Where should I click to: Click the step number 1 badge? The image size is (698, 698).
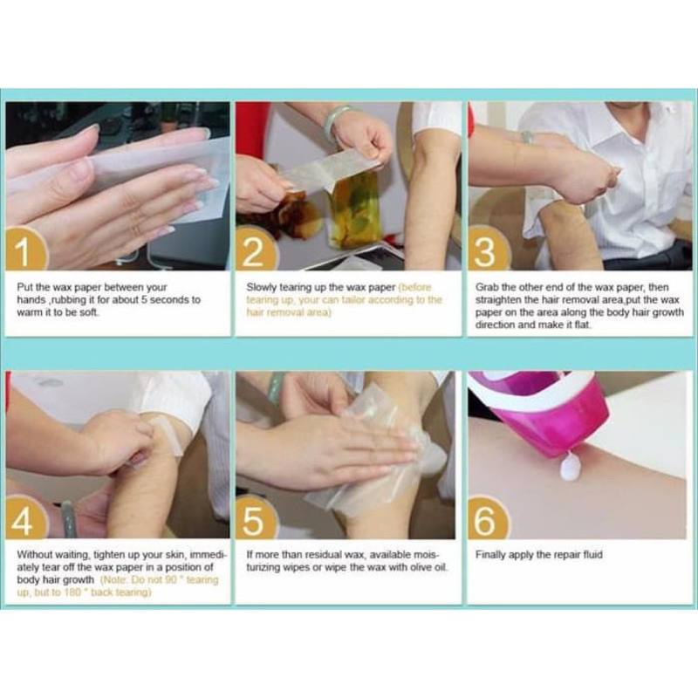(x=24, y=250)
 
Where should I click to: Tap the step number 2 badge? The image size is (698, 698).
(x=255, y=250)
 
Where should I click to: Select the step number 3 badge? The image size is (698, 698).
(x=486, y=250)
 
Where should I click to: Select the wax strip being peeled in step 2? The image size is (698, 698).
(x=325, y=171)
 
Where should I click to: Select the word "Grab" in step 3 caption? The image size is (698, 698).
(x=487, y=288)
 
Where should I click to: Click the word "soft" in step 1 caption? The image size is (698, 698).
(x=89, y=312)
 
